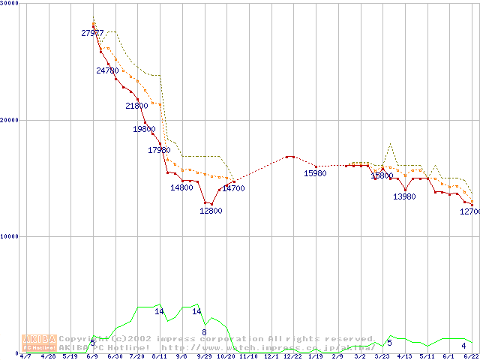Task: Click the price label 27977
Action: (x=93, y=33)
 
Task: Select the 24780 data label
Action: (x=108, y=70)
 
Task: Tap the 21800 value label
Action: (x=136, y=106)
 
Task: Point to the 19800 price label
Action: (x=144, y=129)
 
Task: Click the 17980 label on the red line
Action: (x=159, y=150)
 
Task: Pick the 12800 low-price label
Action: (x=211, y=211)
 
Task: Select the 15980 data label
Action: (x=315, y=173)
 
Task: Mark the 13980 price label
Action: (x=404, y=196)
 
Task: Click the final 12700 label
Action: (x=469, y=212)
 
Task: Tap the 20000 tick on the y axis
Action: (x=9, y=120)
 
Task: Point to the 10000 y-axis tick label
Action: (x=9, y=236)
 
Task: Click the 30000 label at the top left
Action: (x=9, y=4)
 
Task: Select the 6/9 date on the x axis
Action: (x=92, y=356)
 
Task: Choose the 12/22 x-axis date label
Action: (x=292, y=356)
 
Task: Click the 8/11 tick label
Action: (x=159, y=356)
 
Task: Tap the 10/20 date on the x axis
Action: (x=226, y=356)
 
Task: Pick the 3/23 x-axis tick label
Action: (x=382, y=356)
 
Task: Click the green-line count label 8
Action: (x=204, y=331)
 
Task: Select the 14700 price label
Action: (x=233, y=188)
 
